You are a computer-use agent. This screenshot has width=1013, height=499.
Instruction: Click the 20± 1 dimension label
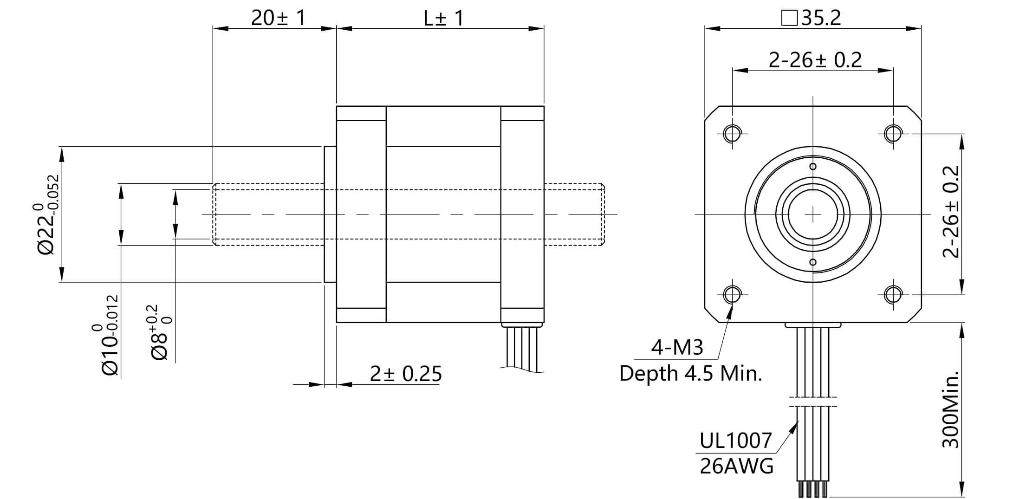click(x=278, y=18)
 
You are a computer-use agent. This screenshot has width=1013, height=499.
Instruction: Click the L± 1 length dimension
click(x=443, y=18)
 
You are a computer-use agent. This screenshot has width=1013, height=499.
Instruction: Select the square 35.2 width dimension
click(x=812, y=18)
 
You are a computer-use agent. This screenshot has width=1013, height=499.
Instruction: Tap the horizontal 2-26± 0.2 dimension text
click(x=815, y=60)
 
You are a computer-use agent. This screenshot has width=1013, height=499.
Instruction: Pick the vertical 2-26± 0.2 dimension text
click(x=951, y=212)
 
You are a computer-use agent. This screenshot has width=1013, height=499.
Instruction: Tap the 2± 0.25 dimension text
click(x=405, y=374)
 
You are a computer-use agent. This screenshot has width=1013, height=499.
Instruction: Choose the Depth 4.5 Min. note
click(x=691, y=373)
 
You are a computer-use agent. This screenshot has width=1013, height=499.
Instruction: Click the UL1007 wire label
click(x=735, y=441)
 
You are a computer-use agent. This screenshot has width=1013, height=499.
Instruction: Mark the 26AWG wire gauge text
click(x=736, y=466)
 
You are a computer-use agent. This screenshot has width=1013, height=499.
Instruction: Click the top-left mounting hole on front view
click(x=732, y=134)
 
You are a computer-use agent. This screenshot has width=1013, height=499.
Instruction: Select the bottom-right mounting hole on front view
click(x=893, y=294)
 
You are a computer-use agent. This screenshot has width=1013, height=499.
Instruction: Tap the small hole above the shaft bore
click(x=812, y=167)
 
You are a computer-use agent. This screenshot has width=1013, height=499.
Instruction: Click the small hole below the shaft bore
click(x=812, y=262)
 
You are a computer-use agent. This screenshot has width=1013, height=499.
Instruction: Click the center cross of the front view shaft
click(x=812, y=214)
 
